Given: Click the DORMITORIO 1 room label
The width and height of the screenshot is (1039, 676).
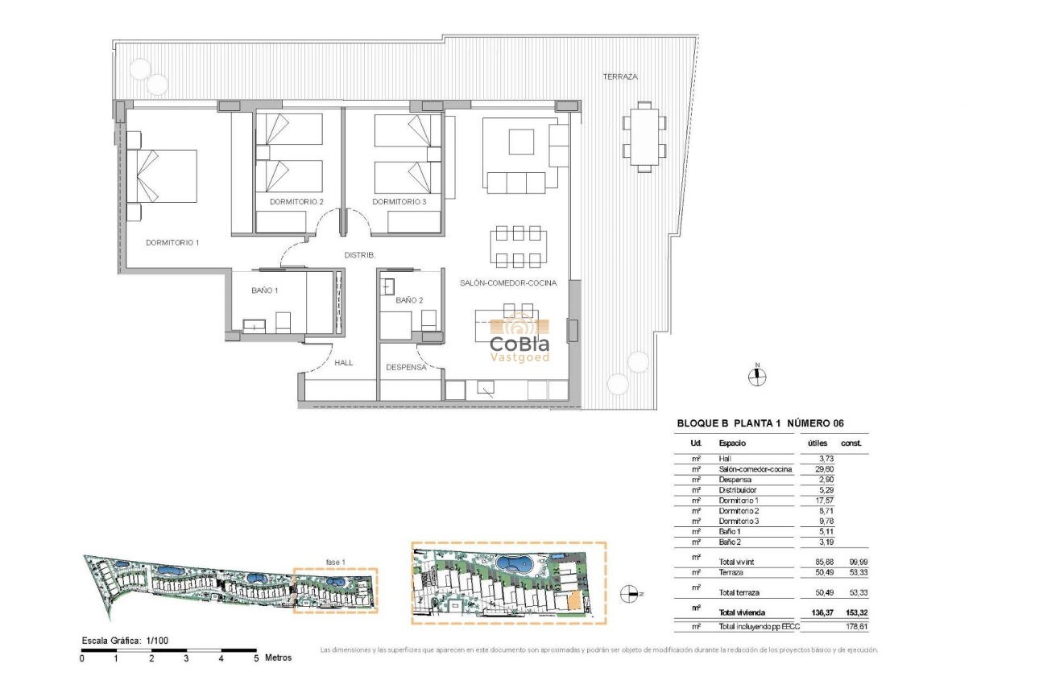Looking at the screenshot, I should pos(172,242).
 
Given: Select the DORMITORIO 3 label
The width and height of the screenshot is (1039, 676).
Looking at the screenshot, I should pos(399,201).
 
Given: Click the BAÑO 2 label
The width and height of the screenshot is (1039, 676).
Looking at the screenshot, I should pos(409,300).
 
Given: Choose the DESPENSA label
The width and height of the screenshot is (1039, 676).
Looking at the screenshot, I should pos(406,367).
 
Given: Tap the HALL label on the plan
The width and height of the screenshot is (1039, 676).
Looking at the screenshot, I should pos(344,363).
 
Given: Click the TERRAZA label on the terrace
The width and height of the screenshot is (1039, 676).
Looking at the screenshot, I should pos(620,77).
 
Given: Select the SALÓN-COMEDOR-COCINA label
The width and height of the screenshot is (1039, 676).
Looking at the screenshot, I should pos(508,282).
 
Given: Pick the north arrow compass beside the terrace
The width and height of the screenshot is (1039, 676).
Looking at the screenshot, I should pos(756,376).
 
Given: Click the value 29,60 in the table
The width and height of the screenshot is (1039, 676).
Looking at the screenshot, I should pos(817,469).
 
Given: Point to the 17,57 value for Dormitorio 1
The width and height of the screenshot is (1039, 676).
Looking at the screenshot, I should pos(817,501).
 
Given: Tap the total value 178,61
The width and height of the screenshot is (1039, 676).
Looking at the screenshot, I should pos(855,625).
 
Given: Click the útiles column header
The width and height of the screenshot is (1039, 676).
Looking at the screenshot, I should pos(817,443).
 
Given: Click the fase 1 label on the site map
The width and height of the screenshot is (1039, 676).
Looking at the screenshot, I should pos(335,562).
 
